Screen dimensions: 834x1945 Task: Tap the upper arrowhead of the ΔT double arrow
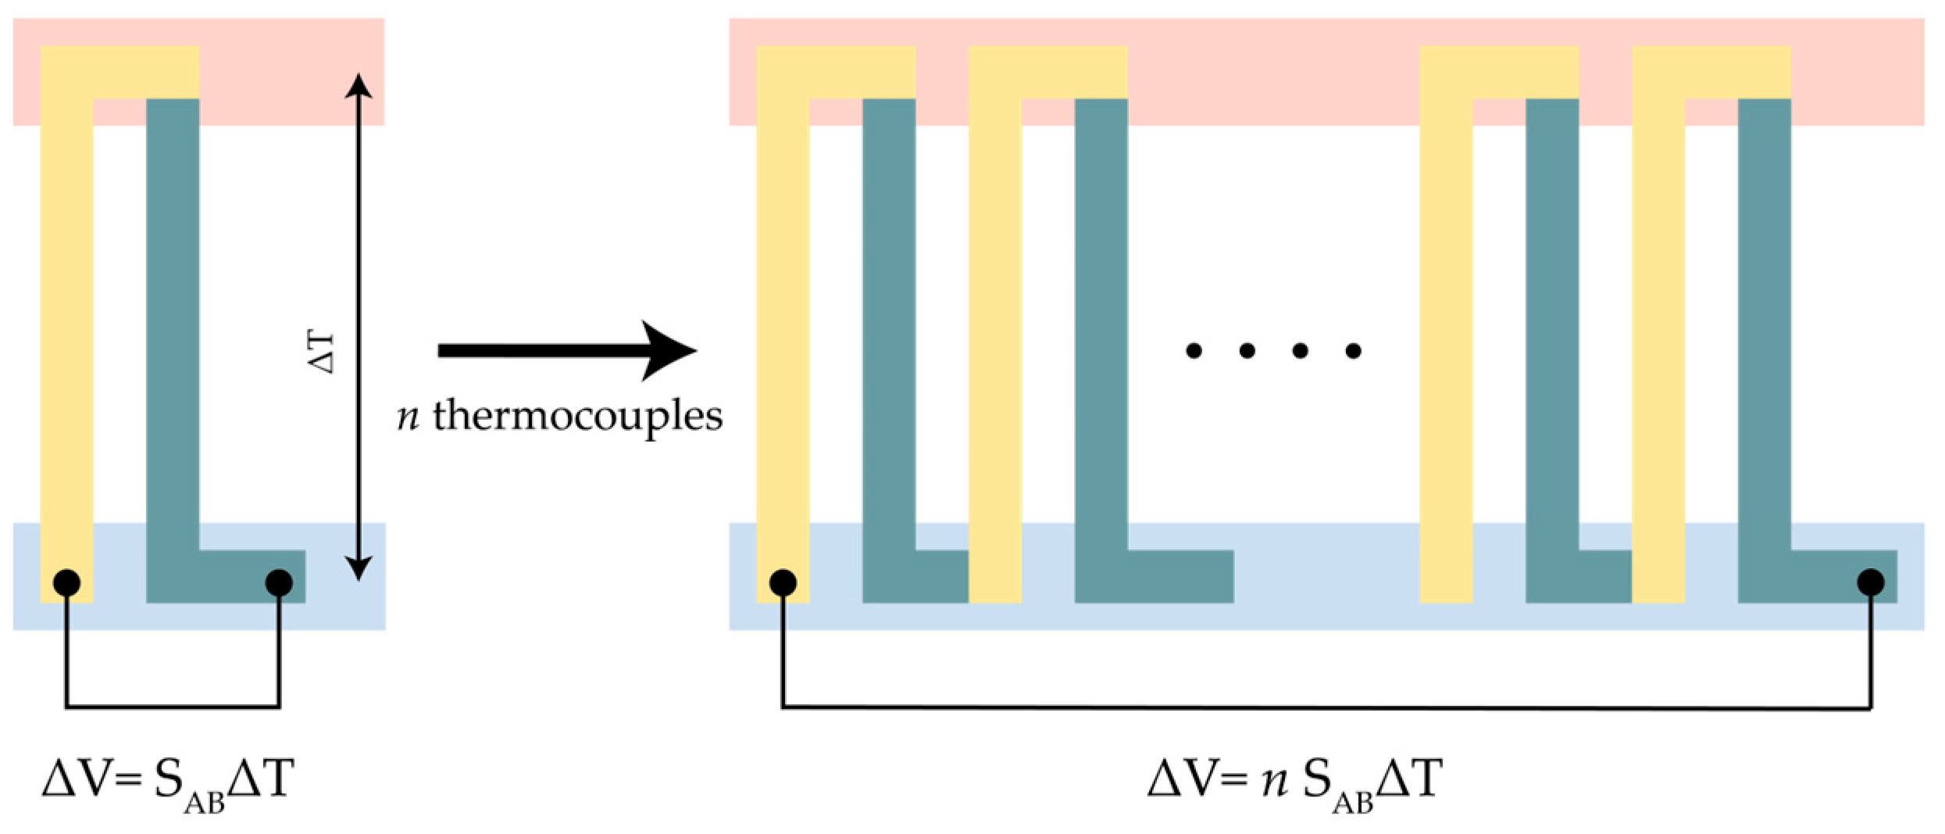coord(359,84)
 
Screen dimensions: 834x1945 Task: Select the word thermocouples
coord(578,416)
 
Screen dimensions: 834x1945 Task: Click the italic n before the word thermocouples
coord(408,417)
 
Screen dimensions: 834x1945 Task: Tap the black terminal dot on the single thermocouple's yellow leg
coord(66,582)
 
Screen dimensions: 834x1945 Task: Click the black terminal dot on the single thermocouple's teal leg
coord(279,582)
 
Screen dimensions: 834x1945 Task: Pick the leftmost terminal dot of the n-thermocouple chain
coord(783,582)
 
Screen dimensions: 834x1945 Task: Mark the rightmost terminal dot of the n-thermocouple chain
coord(1871,582)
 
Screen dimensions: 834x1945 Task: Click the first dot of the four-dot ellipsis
coord(1194,351)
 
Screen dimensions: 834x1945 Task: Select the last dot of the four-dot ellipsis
coord(1354,351)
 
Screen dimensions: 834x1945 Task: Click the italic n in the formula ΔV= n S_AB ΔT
coord(1275,780)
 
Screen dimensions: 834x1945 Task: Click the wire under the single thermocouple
coord(173,707)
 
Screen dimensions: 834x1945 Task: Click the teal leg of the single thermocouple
coord(173,328)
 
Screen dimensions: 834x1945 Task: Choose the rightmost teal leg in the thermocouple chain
coord(1765,328)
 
